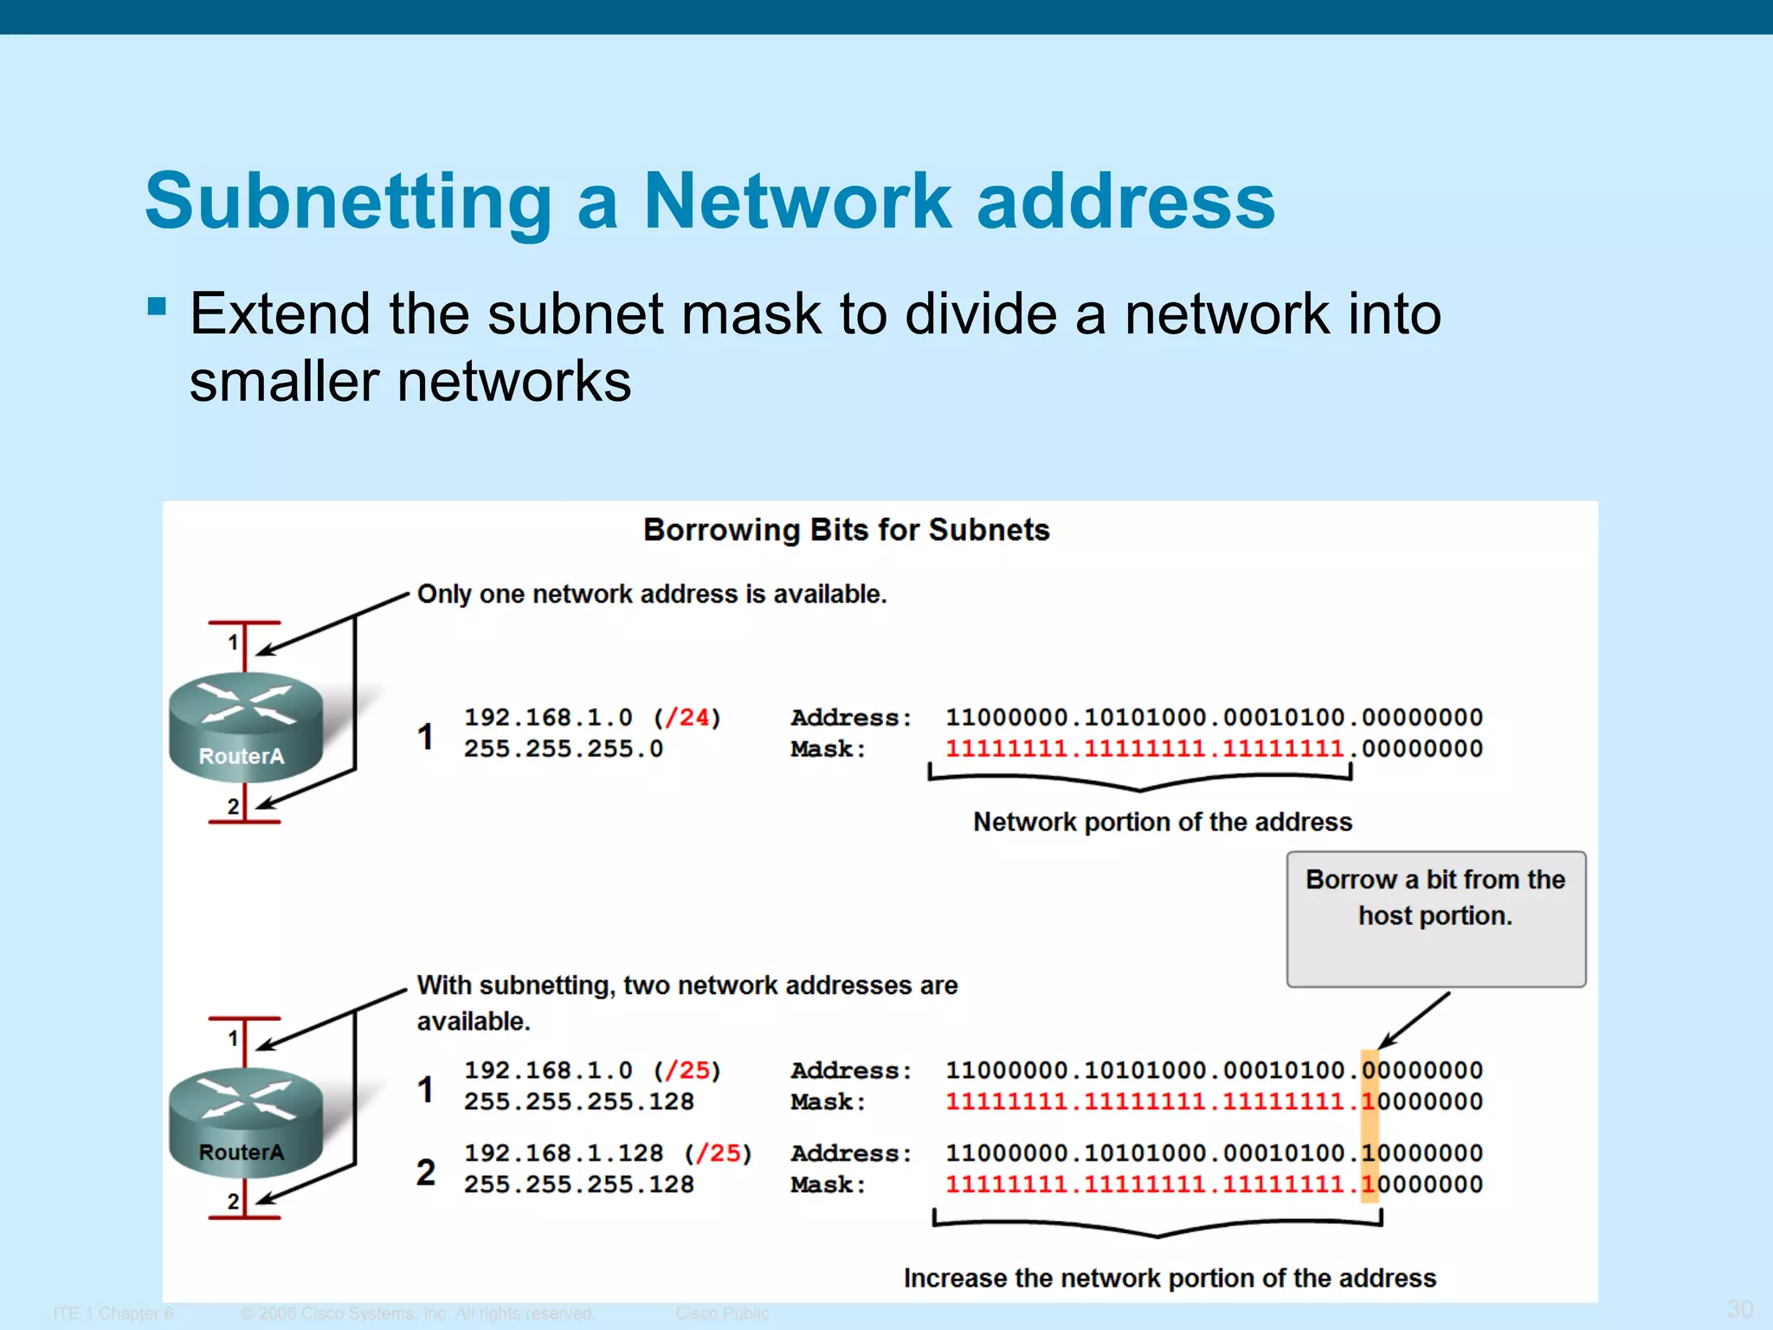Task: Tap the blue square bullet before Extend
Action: [x=157, y=307]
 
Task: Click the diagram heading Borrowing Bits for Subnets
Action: [x=846, y=529]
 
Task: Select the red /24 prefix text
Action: [x=687, y=718]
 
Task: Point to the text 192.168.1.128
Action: [x=563, y=1153]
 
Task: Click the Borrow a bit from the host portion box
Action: [x=1435, y=918]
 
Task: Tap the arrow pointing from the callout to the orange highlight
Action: [x=1414, y=1021]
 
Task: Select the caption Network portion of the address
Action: [x=1162, y=822]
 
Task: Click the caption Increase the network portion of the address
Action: [x=1170, y=1278]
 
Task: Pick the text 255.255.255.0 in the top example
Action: [x=563, y=749]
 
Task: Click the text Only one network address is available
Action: [x=652, y=594]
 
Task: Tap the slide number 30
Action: [x=1739, y=1308]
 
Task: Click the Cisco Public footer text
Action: [x=721, y=1314]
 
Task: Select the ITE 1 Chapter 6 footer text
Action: [x=113, y=1314]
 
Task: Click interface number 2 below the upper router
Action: [x=233, y=806]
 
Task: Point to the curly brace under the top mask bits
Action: [x=1139, y=779]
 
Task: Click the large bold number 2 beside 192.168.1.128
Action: [x=425, y=1172]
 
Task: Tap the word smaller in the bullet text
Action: [x=284, y=382]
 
